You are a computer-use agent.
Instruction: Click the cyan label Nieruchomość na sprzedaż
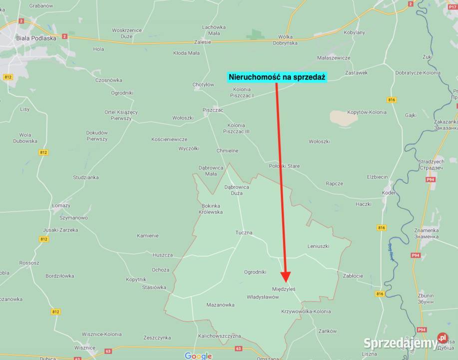pyautogui.click(x=276, y=77)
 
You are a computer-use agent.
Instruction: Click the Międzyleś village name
pyautogui.click(x=284, y=289)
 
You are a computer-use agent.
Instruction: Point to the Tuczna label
pyautogui.click(x=244, y=232)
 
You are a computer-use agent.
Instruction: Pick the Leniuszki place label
pyautogui.click(x=318, y=246)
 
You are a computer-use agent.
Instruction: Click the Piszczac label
pyautogui.click(x=213, y=109)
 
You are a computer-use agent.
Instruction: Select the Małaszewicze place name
pyautogui.click(x=334, y=57)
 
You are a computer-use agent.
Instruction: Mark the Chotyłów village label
pyautogui.click(x=203, y=84)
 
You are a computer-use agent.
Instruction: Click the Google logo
pyautogui.click(x=198, y=355)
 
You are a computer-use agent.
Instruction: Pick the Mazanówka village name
pyautogui.click(x=220, y=304)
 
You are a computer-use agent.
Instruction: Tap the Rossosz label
pyautogui.click(x=29, y=262)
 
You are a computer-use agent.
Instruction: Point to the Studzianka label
pyautogui.click(x=86, y=177)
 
